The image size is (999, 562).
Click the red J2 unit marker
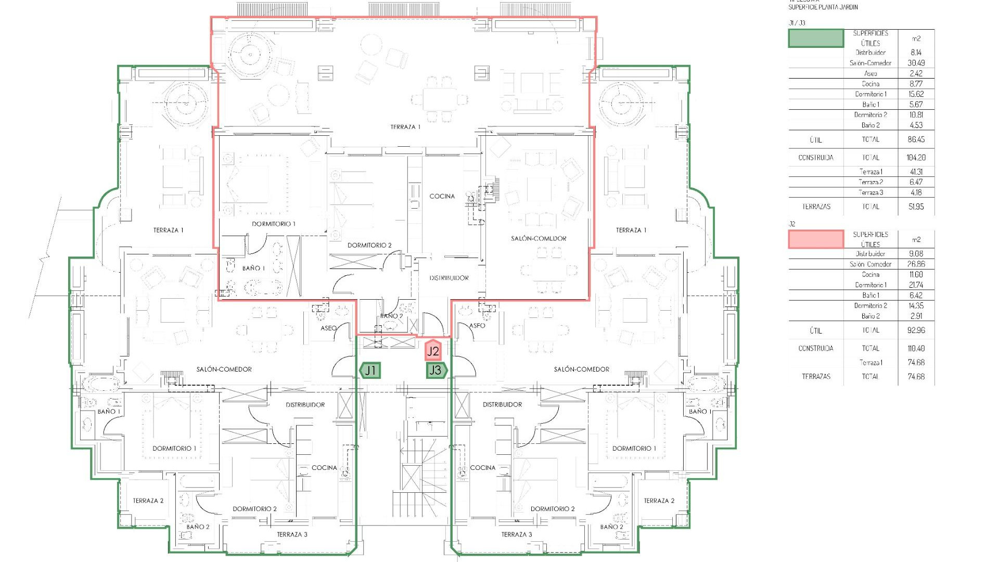tap(433, 351)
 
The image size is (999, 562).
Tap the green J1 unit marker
tap(370, 371)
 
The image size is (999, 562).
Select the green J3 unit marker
tap(436, 371)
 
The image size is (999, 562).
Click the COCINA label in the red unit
tap(442, 196)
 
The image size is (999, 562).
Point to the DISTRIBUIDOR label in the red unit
tap(449, 278)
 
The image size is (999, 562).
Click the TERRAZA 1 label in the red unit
tap(405, 127)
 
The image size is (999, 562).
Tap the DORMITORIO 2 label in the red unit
tap(369, 245)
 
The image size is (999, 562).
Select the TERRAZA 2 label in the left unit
tap(148, 501)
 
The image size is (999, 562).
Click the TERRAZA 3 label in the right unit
tap(517, 534)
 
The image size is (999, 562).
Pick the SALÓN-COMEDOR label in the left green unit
tap(224, 369)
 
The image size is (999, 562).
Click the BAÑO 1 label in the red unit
tap(253, 269)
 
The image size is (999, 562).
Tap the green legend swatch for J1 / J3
tap(816, 39)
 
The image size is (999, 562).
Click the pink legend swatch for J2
tap(816, 239)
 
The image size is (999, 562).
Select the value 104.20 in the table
tap(916, 158)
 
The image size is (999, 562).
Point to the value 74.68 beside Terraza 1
tap(916, 363)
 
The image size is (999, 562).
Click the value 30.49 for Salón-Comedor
tap(916, 63)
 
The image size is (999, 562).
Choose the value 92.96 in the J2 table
tap(916, 330)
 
